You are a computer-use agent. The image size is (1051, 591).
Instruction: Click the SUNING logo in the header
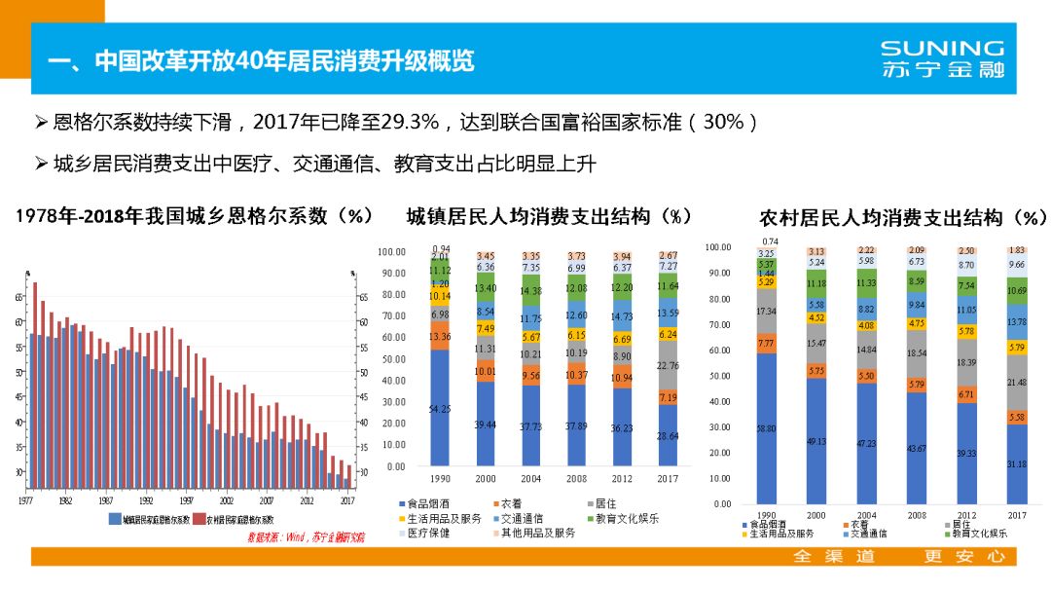pos(941,58)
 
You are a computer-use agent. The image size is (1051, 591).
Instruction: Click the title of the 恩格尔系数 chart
pos(195,216)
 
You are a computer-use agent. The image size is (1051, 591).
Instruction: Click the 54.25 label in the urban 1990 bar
pos(440,409)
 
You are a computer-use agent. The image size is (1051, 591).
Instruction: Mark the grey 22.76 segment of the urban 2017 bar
pos(668,366)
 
